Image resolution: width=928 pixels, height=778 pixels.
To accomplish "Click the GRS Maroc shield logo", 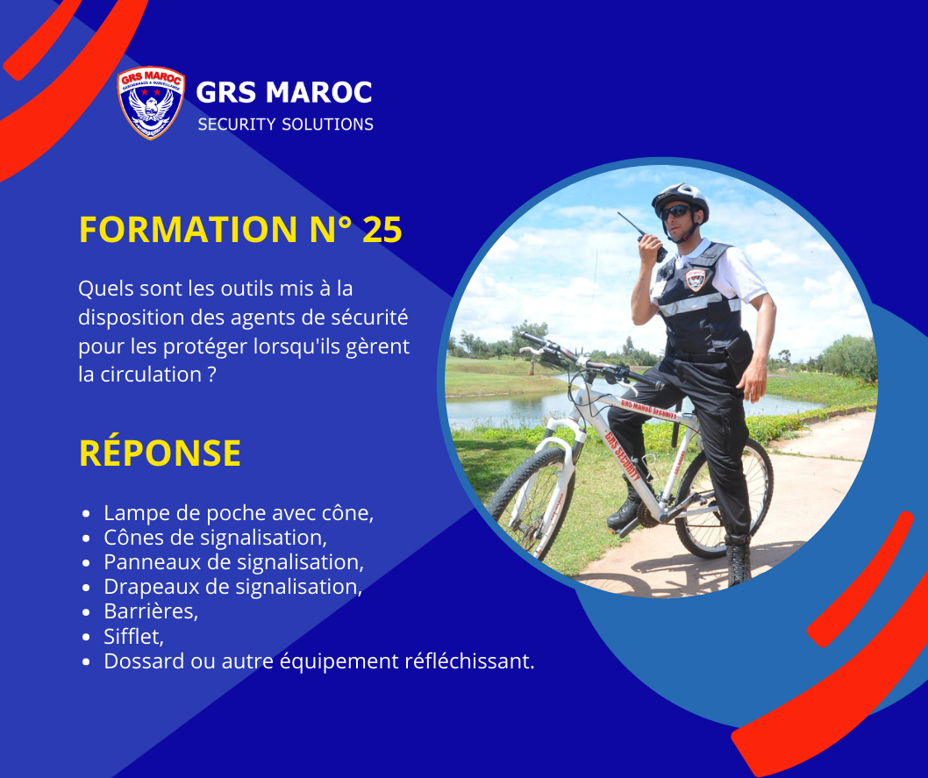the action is click(x=151, y=103).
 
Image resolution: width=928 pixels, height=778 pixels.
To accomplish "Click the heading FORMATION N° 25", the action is click(x=240, y=230).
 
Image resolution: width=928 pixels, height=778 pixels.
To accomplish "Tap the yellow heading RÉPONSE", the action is click(x=160, y=453).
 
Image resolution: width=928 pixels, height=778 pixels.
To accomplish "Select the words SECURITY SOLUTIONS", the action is click(x=285, y=125).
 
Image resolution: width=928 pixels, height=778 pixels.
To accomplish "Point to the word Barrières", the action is click(x=149, y=611).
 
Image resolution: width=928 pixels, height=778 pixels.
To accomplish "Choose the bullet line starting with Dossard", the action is click(x=319, y=660).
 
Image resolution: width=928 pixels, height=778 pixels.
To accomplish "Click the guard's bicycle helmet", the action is click(x=680, y=199).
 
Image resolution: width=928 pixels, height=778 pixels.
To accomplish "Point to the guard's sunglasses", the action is click(x=675, y=212).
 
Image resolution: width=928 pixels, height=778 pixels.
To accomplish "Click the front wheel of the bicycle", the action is click(x=529, y=503).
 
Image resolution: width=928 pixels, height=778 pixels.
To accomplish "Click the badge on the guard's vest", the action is click(x=696, y=279).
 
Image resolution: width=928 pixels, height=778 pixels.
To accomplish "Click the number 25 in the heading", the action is click(x=382, y=230).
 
